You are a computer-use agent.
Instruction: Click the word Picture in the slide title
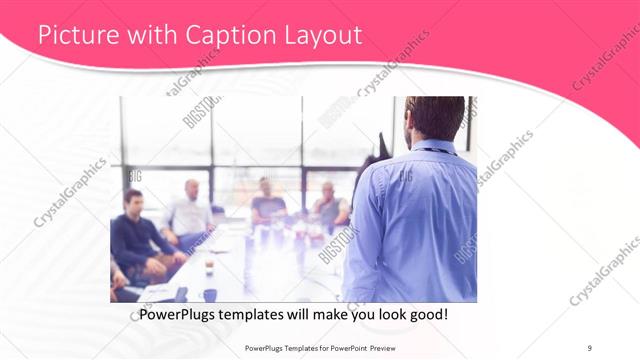pos(70,36)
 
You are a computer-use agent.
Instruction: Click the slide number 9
pos(589,347)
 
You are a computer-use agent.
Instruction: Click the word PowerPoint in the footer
pos(346,347)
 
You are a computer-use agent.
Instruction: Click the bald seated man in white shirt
pos(189,212)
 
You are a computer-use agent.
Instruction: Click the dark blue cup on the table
pos(210,294)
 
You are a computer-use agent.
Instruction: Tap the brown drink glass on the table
pos(208,267)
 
